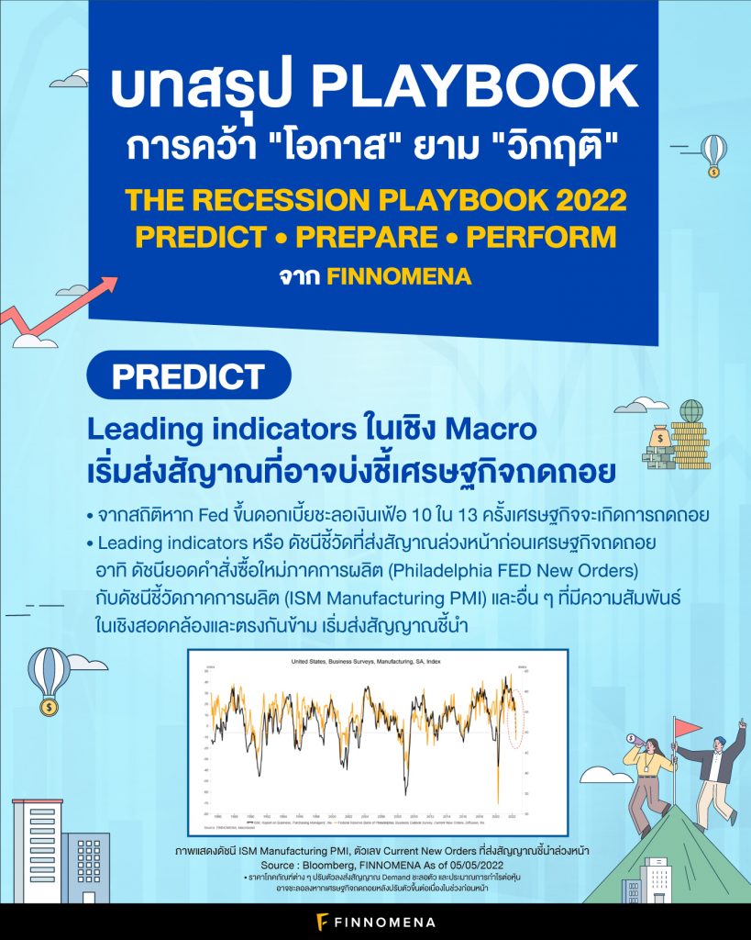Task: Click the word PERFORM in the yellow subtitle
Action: pyautogui.click(x=541, y=236)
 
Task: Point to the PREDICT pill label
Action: pyautogui.click(x=187, y=375)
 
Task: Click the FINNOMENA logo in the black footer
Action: pyautogui.click(x=376, y=921)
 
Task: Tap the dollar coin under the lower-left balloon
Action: pyautogui.click(x=47, y=708)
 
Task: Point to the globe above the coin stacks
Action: pyautogui.click(x=691, y=410)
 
